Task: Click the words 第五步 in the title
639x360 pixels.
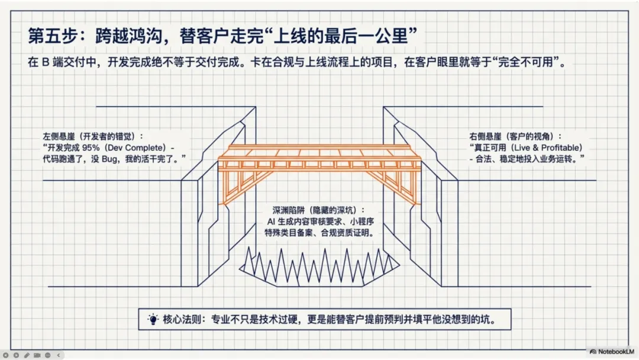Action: pos(49,36)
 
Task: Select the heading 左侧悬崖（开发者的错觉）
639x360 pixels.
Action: pos(93,136)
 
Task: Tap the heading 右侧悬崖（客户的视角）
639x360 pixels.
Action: pos(515,136)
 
